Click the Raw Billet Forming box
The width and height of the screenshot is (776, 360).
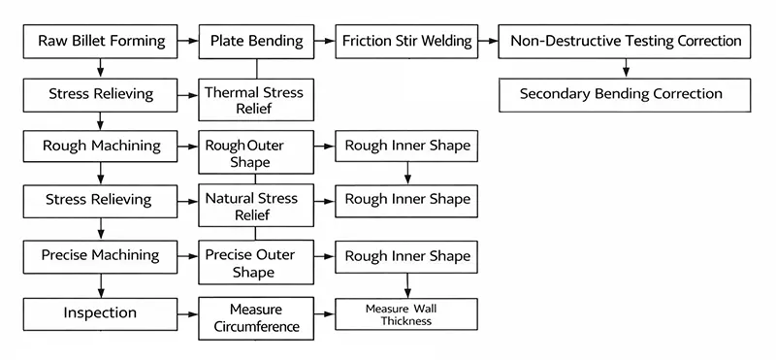click(101, 41)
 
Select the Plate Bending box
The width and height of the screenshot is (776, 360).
click(257, 41)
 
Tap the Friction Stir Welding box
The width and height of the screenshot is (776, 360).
click(407, 41)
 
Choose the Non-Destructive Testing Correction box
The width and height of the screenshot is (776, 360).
click(627, 41)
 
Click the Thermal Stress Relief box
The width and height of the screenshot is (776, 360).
click(257, 100)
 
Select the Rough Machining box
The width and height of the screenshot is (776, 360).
click(101, 147)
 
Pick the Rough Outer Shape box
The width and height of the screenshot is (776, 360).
click(257, 153)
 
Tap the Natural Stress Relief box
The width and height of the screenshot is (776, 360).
click(257, 207)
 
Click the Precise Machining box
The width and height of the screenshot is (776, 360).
click(101, 256)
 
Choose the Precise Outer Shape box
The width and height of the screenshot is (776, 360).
click(257, 263)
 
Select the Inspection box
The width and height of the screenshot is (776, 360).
click(101, 313)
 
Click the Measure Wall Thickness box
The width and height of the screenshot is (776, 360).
click(407, 313)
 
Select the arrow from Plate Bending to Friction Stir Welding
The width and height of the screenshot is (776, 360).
click(326, 41)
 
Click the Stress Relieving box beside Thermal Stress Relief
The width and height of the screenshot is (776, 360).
click(101, 94)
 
